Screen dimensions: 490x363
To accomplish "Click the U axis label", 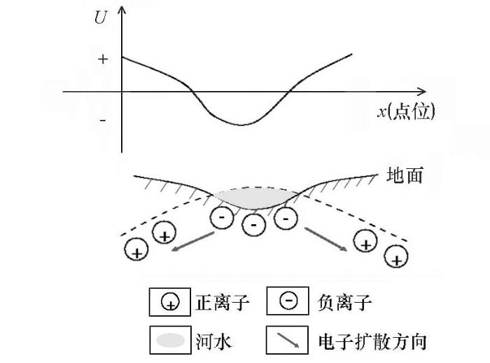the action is pos(101,18).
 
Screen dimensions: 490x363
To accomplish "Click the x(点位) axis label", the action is pos(406,111).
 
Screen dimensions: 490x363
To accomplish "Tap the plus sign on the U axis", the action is pos(103,59).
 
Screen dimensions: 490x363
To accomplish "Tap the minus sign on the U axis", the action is pos(103,121).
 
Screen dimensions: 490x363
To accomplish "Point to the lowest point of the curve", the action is pos(241,125).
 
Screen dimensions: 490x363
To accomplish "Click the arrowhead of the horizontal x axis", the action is pos(423,92).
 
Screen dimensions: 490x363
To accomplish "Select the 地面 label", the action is pos(405,175).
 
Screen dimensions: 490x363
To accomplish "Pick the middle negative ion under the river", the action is pos(254,224).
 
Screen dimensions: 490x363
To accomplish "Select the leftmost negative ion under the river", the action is pos(222,217).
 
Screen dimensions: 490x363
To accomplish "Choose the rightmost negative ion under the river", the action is pos(286,218).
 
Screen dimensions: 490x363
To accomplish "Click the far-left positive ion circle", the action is pos(136,249).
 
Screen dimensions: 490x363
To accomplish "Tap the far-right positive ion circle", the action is pos(396,256).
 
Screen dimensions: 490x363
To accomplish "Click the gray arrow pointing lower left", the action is pos(192,241).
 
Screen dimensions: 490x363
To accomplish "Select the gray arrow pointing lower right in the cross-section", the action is pos(325,239).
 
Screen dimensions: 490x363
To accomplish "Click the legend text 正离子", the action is pos(223,302).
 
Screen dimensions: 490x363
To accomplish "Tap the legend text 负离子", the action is pos(344,302).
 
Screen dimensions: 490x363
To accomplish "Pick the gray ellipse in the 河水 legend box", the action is pos(170,340).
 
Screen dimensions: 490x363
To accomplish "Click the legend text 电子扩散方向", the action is pos(372,341).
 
